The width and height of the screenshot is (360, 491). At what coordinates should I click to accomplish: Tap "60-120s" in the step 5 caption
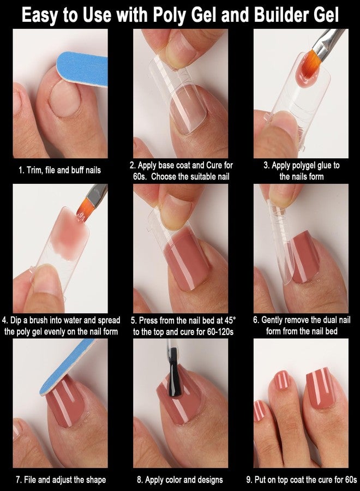(220, 332)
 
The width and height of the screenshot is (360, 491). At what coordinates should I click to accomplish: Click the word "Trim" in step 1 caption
(33, 170)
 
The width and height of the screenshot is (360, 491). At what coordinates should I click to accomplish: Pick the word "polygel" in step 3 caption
(301, 166)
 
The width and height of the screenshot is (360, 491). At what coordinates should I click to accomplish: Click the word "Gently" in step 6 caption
(272, 320)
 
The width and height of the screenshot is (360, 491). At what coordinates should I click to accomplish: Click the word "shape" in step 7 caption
(96, 480)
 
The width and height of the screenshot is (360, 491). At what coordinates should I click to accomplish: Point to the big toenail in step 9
(321, 388)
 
